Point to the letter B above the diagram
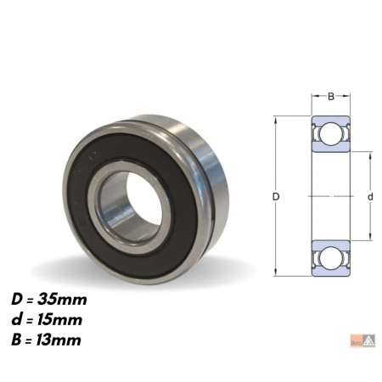tap(331, 97)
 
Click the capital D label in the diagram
tap(276, 197)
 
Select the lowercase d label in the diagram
tap(370, 197)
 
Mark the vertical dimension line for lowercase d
tap(370, 221)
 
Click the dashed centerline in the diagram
tap(331, 196)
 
